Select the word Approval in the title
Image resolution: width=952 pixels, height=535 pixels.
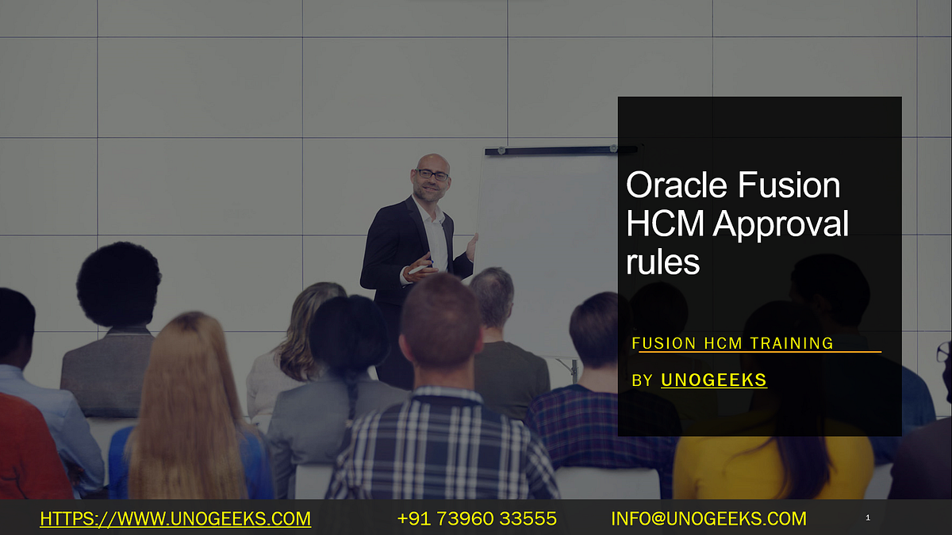pos(781,224)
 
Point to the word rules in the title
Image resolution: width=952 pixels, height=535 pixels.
pos(662,262)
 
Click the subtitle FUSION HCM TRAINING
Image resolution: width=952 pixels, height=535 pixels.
pos(732,343)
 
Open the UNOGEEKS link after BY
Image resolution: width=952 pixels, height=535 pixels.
pos(714,380)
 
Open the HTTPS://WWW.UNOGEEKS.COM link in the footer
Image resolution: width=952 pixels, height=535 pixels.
pos(175,519)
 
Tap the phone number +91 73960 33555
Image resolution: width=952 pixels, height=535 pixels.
pos(477,519)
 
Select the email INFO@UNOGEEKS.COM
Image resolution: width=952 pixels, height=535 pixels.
pos(708,519)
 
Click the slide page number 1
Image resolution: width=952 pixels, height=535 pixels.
pos(868,518)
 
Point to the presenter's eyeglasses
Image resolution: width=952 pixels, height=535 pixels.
pos(433,174)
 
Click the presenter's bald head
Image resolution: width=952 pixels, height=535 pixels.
pos(432,160)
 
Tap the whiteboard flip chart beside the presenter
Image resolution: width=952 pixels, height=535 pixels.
pos(547,238)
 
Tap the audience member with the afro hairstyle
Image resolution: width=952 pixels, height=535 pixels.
pos(118,285)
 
